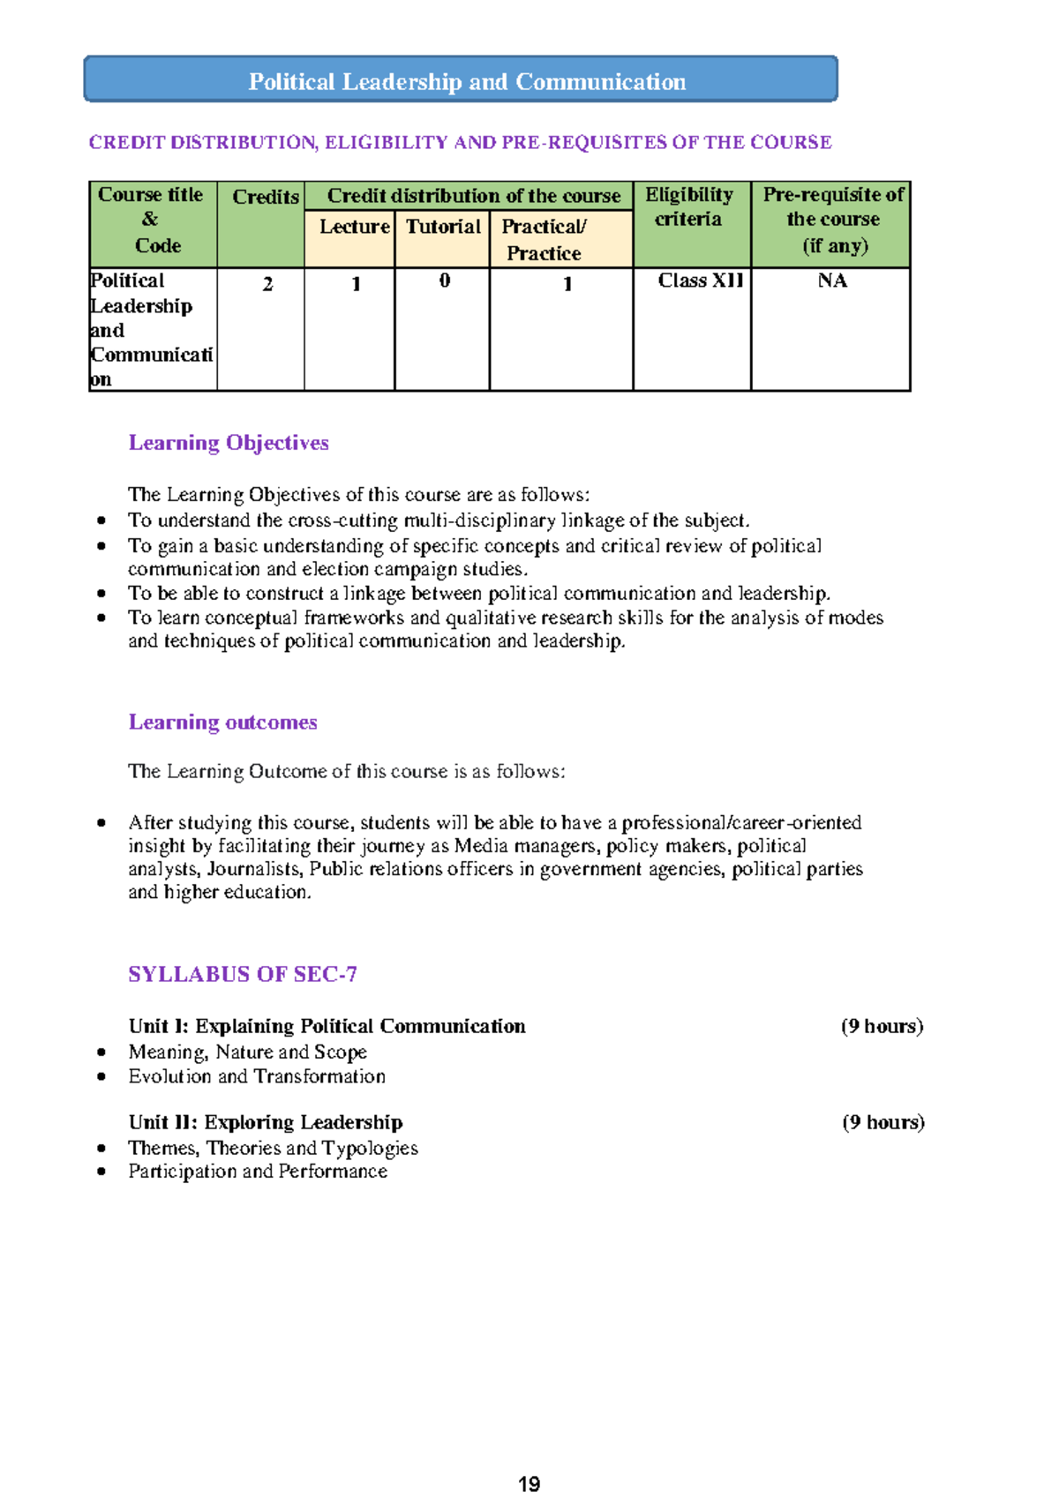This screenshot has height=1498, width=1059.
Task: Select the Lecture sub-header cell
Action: click(353, 227)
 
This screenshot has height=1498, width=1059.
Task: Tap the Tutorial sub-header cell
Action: click(443, 227)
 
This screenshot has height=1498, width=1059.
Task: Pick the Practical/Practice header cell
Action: click(545, 239)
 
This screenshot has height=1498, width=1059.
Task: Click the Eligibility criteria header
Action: click(689, 206)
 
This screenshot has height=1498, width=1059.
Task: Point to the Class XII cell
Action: click(701, 281)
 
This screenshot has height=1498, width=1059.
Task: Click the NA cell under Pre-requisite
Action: click(832, 281)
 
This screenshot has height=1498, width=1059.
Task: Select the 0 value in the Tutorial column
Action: click(444, 281)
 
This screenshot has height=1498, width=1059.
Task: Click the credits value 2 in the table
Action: click(267, 284)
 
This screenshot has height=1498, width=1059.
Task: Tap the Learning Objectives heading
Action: click(229, 443)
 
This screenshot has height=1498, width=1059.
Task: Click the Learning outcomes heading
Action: click(222, 722)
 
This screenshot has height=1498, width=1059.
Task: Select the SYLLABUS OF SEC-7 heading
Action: click(243, 974)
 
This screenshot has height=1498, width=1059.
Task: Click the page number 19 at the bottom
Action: click(529, 1484)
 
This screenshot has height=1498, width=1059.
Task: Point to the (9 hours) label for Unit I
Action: click(882, 1026)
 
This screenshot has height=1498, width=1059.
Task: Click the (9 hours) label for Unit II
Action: click(882, 1122)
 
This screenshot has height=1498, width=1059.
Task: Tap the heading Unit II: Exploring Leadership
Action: click(266, 1122)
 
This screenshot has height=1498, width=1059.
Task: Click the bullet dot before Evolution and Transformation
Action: click(102, 1076)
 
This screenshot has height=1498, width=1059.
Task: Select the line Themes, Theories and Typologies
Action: click(273, 1148)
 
